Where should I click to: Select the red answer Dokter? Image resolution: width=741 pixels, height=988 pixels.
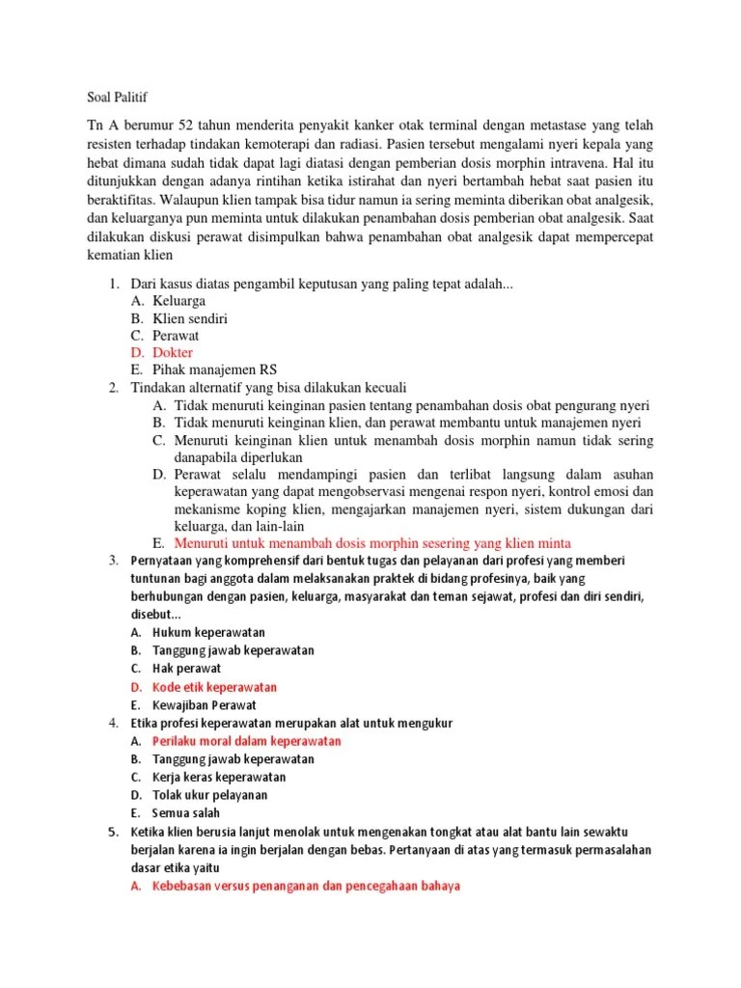point(173,352)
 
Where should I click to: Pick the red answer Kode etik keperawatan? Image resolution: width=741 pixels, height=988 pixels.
point(214,687)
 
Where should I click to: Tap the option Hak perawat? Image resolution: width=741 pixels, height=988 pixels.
point(186,669)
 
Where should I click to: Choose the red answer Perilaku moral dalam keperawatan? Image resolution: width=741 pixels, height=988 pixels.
point(246,741)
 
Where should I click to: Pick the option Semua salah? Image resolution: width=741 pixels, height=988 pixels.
point(192,813)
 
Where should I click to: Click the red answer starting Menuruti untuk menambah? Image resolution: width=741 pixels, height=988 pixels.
point(372,542)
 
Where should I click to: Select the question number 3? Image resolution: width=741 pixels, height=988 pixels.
point(113,561)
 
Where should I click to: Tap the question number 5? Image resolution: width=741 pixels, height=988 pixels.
point(113,832)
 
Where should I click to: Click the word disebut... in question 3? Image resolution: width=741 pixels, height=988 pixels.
point(154,614)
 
